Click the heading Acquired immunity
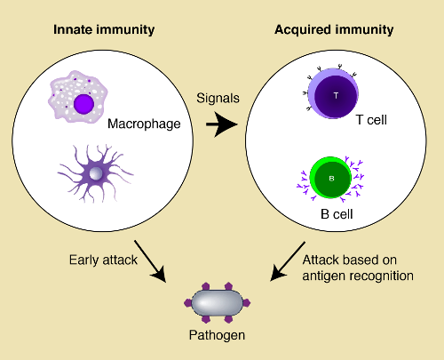click(335, 30)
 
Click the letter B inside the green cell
click(331, 177)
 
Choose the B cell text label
click(337, 214)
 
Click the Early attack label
click(99, 260)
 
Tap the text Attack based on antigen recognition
click(358, 268)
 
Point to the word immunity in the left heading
click(130, 30)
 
